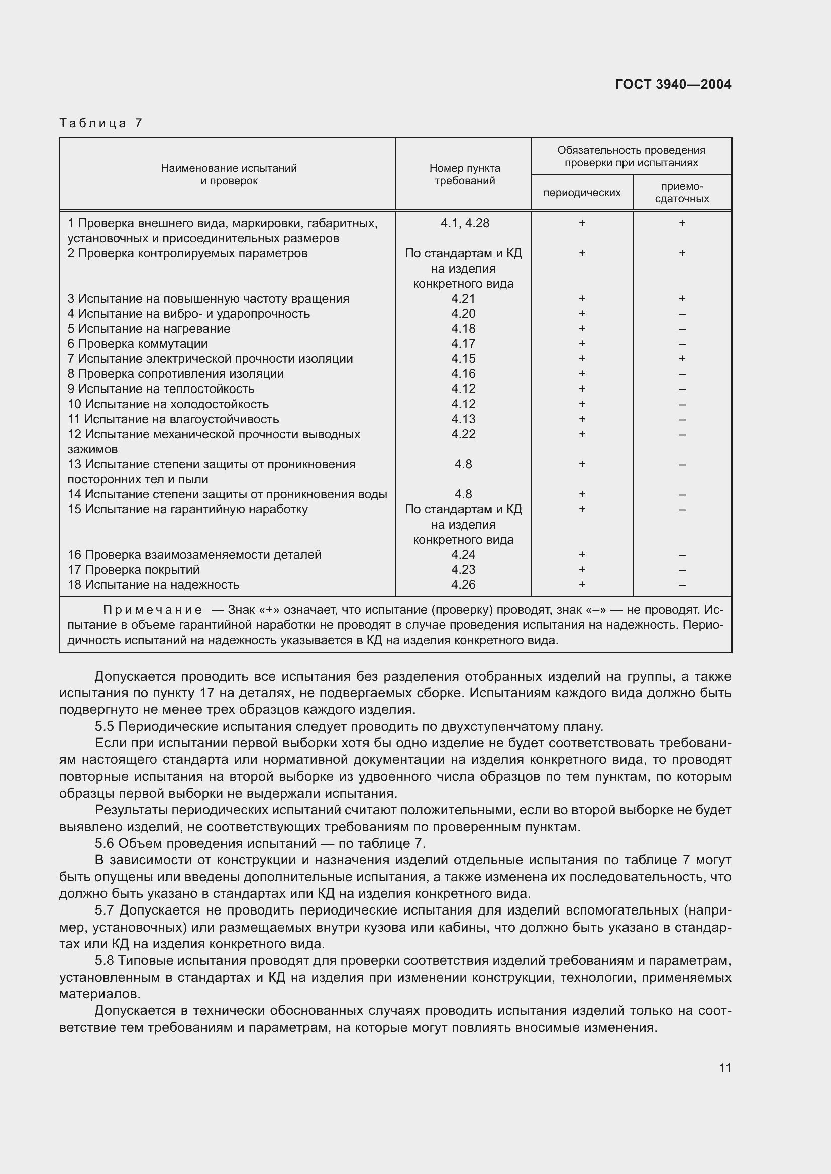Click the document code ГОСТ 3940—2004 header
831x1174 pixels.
point(672,84)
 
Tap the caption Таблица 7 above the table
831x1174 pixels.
point(100,123)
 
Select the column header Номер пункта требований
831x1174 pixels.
point(464,174)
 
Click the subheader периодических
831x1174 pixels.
point(582,193)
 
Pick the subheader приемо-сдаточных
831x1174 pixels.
point(682,193)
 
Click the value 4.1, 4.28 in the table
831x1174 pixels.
point(464,223)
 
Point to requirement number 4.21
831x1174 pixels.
point(463,299)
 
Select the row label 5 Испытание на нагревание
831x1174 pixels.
point(149,329)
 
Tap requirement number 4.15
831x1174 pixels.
point(463,359)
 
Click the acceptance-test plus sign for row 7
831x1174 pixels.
point(682,359)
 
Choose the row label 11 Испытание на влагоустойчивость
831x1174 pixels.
point(173,419)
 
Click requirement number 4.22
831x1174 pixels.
point(463,434)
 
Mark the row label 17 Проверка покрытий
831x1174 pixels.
point(134,570)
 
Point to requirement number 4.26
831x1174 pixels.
point(463,585)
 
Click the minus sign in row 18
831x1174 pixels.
point(682,585)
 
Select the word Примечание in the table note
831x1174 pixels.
point(153,610)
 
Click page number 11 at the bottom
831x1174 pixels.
point(724,1068)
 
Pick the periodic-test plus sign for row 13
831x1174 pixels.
point(582,464)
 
